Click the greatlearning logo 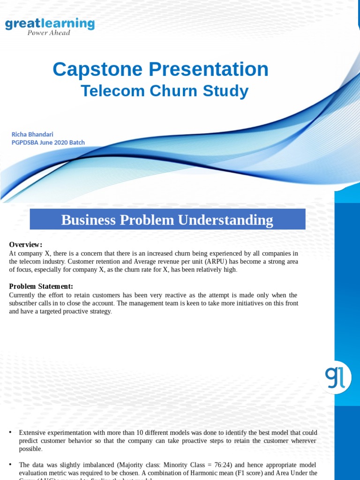click(x=50, y=24)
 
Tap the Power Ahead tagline click(x=49, y=33)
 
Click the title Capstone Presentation click(x=160, y=69)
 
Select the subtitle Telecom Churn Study click(x=165, y=91)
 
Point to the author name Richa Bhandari click(x=33, y=134)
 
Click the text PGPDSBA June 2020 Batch click(x=48, y=142)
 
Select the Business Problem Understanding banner click(x=167, y=219)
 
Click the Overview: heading click(x=26, y=245)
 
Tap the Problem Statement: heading click(x=41, y=286)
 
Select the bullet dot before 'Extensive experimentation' click(x=10, y=432)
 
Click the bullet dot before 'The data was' click(x=10, y=464)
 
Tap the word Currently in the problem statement click(x=23, y=295)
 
